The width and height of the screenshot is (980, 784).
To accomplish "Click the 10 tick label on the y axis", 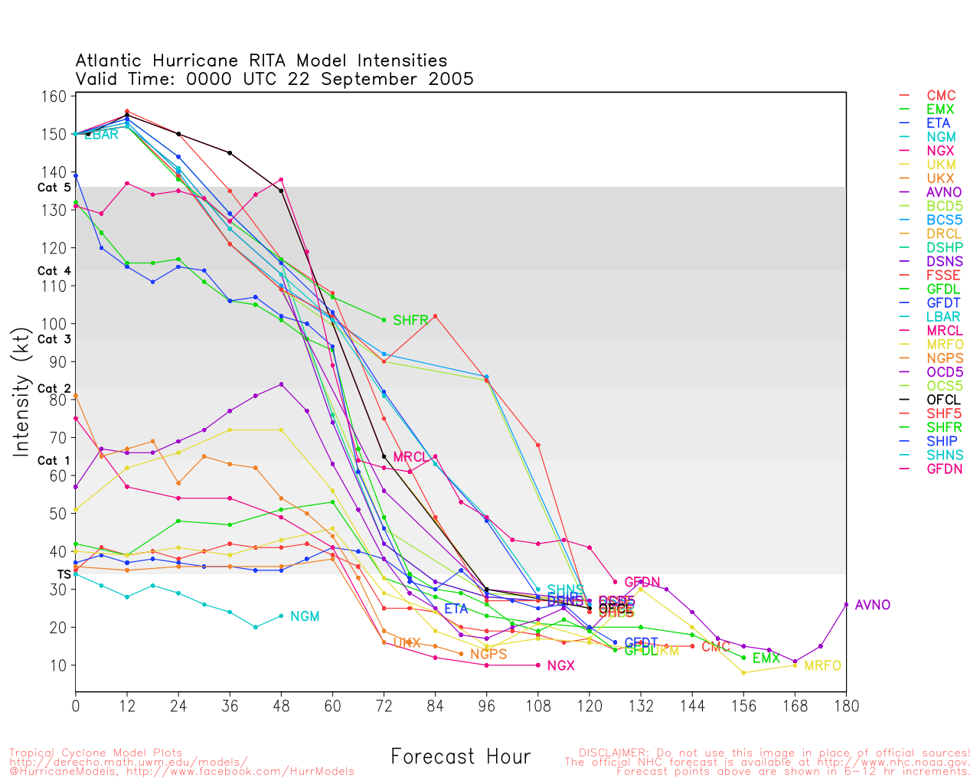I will [x=58, y=665].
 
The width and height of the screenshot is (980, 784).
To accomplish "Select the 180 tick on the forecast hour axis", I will [x=846, y=705].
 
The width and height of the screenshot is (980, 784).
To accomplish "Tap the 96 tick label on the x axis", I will [x=486, y=705].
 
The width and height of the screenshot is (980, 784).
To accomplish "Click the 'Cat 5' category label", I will [x=54, y=188].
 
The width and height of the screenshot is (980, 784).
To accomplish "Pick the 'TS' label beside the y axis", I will [x=64, y=574].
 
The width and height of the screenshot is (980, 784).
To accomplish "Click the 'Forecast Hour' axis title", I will [x=460, y=757].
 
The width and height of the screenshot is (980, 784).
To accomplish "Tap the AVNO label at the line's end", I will [x=873, y=605].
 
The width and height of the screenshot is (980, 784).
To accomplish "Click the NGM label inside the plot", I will [x=305, y=616].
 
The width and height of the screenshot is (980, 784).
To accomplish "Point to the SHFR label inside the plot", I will [x=410, y=320].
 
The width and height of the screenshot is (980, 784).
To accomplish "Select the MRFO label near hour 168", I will [x=822, y=666].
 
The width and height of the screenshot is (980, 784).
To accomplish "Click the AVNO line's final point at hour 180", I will [x=846, y=605].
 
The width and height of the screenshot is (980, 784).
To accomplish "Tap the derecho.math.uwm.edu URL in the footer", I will [x=128, y=762].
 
